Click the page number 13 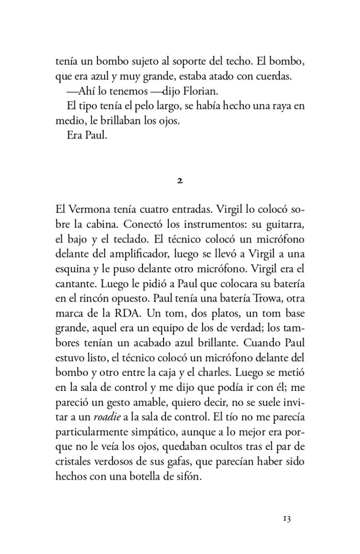click(x=286, y=519)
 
